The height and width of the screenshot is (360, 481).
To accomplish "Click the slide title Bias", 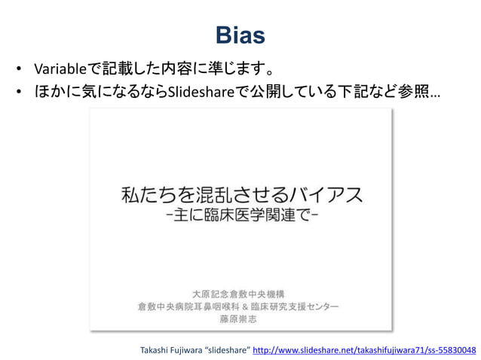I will (x=240, y=35).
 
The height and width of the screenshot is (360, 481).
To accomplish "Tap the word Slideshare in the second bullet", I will (x=198, y=93).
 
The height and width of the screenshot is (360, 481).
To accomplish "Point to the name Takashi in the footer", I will (x=155, y=350).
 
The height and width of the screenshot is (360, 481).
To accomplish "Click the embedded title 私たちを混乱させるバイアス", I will (x=241, y=195).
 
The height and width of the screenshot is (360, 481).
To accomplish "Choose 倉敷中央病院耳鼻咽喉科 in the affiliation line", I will (x=192, y=306).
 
